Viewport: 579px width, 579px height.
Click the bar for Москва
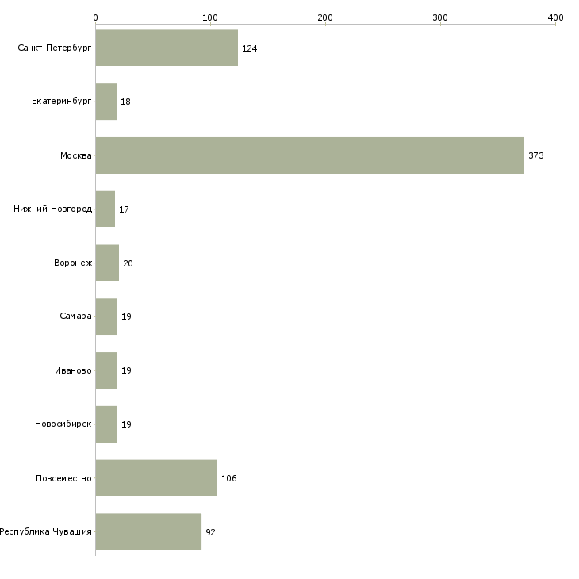pyautogui.click(x=310, y=155)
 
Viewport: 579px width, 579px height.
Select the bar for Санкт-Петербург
pyautogui.click(x=167, y=48)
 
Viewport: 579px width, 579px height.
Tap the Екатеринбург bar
pyautogui.click(x=106, y=102)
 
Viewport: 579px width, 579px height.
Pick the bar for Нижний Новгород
pyautogui.click(x=105, y=209)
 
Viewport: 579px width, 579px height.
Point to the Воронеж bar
pyautogui.click(x=107, y=263)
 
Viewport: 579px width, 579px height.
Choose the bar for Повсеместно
pyautogui.click(x=156, y=477)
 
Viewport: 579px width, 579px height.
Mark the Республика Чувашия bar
pyautogui.click(x=148, y=531)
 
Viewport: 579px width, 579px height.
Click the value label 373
pyautogui.click(x=536, y=155)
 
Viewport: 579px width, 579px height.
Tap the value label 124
pyautogui.click(x=250, y=48)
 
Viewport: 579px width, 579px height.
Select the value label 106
pyautogui.click(x=229, y=478)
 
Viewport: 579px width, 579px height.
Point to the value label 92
pyautogui.click(x=210, y=532)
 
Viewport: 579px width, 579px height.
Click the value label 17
pyautogui.click(x=124, y=209)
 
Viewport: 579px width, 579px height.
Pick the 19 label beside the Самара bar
pyautogui.click(x=126, y=316)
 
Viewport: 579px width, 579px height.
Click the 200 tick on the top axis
pyautogui.click(x=325, y=17)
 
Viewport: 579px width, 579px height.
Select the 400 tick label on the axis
pyautogui.click(x=556, y=17)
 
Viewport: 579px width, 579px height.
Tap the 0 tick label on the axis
pyautogui.click(x=96, y=17)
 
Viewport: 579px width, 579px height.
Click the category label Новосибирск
pyautogui.click(x=63, y=424)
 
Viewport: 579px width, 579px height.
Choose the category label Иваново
pyautogui.click(x=73, y=370)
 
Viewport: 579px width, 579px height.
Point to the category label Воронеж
pyautogui.click(x=73, y=263)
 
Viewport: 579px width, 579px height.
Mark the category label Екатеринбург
pyautogui.click(x=62, y=102)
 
